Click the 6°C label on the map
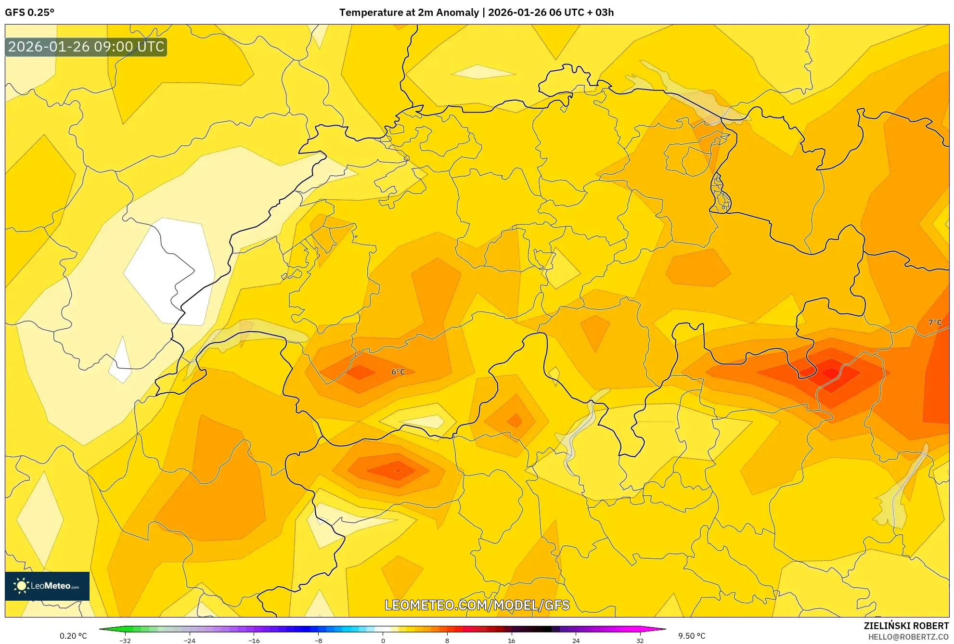click(398, 372)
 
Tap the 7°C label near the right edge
click(935, 322)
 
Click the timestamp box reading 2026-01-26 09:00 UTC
click(86, 47)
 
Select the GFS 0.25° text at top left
click(29, 13)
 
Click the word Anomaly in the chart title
click(458, 13)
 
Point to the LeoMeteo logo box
click(47, 586)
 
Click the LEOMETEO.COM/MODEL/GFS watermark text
click(477, 605)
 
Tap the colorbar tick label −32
click(125, 640)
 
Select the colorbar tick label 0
click(383, 640)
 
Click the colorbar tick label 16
click(511, 640)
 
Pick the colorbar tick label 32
click(640, 640)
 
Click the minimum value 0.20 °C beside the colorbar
click(73, 636)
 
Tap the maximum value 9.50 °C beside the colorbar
click(692, 636)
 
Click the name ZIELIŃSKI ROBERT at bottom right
click(906, 626)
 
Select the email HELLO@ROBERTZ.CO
click(908, 637)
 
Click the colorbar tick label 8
click(447, 640)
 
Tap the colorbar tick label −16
click(254, 640)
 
